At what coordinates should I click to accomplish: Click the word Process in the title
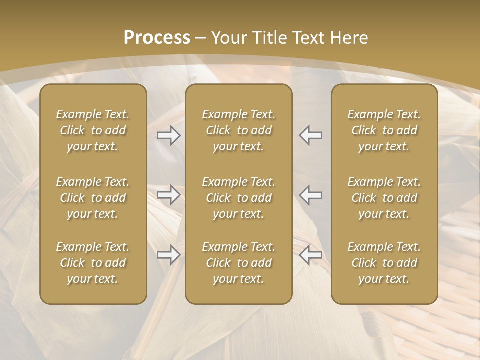(157, 38)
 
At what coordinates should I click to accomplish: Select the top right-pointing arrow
(168, 135)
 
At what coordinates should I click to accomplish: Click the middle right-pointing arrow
(168, 195)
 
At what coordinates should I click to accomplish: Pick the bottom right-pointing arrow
(168, 255)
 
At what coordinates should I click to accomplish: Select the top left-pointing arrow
(311, 135)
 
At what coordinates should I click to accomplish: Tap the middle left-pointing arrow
(311, 195)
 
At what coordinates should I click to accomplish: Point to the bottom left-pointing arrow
(311, 255)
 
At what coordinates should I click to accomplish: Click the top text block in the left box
(93, 130)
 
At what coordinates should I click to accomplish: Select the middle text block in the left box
(93, 198)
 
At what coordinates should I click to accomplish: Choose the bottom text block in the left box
(93, 263)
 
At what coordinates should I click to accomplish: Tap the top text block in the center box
(238, 130)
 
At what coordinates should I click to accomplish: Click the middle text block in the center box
(238, 198)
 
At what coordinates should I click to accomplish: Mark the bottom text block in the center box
(238, 263)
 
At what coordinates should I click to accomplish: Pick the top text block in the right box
(384, 130)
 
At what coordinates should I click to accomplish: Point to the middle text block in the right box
(384, 198)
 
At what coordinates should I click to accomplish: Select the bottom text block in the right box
(384, 263)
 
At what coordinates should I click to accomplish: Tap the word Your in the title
(228, 38)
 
